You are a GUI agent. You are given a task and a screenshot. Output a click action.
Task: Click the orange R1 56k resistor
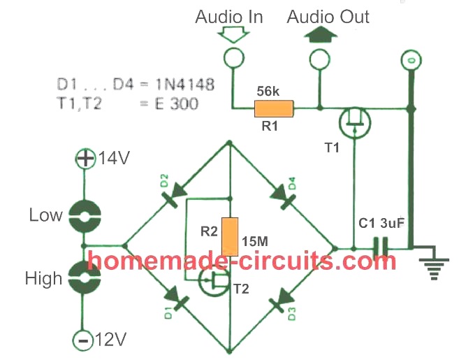[x=274, y=108]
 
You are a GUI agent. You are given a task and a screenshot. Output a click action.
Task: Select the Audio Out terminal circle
[x=319, y=61]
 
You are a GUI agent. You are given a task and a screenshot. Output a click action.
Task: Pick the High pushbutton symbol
[x=85, y=279]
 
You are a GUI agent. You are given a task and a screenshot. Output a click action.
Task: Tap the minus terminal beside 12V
[x=83, y=340]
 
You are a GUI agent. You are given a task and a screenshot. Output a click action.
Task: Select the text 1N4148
[x=182, y=86]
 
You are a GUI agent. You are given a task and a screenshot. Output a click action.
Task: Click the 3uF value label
[x=394, y=224]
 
